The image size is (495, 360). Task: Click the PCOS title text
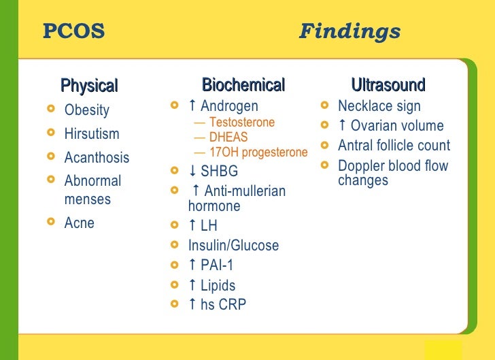[73, 31]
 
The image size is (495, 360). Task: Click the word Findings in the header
[349, 31]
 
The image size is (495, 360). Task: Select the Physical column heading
[89, 86]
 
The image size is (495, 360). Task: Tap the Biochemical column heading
[243, 85]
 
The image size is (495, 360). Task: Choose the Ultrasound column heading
[388, 85]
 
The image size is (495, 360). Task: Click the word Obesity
[86, 110]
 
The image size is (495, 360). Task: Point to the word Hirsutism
[91, 133]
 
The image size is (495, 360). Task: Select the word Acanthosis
[97, 157]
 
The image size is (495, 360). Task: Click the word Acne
[79, 223]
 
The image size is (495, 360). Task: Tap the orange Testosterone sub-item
[241, 122]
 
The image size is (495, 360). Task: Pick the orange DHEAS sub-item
[228, 137]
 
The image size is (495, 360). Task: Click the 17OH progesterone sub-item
[258, 152]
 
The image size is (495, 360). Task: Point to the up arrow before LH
[192, 226]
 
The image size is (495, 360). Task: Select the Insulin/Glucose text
[233, 246]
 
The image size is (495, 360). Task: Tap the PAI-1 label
[217, 265]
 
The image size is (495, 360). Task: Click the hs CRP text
[223, 305]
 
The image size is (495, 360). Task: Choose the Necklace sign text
[379, 106]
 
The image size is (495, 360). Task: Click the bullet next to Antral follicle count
[324, 145]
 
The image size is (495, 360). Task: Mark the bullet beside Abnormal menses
[50, 180]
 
